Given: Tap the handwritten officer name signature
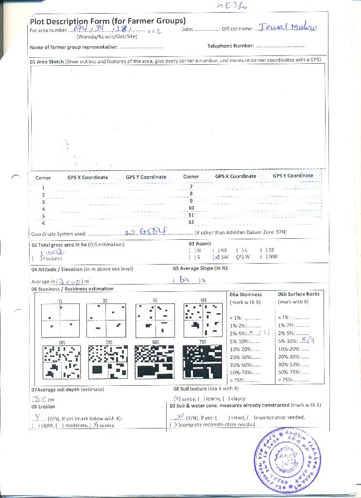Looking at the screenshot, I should (x=288, y=28).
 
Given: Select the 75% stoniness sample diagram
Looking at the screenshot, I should (x=202, y=362).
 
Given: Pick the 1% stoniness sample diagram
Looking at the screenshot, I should (x=60, y=320).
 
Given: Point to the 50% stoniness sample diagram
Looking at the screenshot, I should (x=154, y=362).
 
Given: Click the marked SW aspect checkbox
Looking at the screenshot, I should (x=216, y=257).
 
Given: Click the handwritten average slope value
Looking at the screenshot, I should (x=184, y=280).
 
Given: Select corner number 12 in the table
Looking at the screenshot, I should (x=191, y=222).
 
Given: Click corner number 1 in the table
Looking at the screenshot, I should (x=43, y=187).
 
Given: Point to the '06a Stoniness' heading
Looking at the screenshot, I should (x=245, y=294).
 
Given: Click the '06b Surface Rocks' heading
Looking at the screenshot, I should (x=299, y=294).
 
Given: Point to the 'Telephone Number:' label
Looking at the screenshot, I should (x=231, y=46).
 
